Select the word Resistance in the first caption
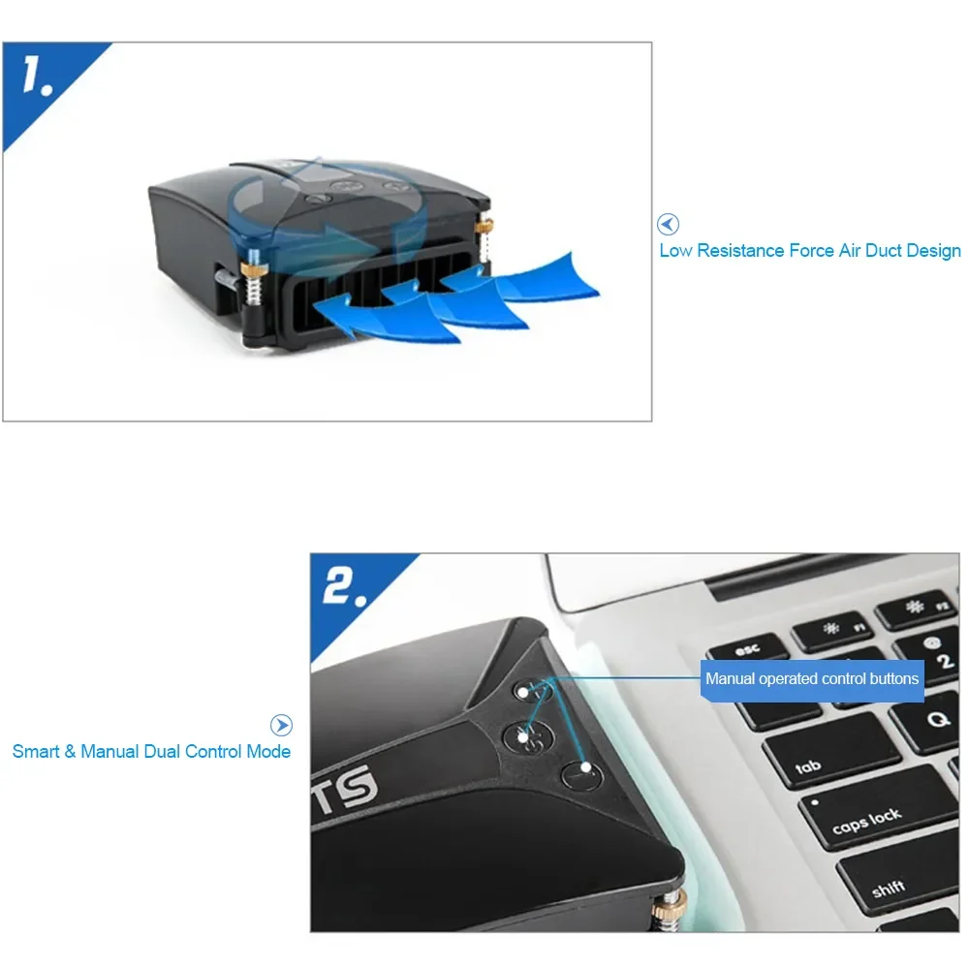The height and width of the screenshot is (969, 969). tap(737, 251)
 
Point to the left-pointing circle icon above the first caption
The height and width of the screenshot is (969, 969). tap(668, 225)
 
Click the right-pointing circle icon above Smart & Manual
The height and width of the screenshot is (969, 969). tap(281, 725)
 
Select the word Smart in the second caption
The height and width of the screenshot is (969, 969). tap(36, 751)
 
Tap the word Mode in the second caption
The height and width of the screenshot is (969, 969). tap(268, 751)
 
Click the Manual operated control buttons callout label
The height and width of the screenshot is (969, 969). tap(811, 678)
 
